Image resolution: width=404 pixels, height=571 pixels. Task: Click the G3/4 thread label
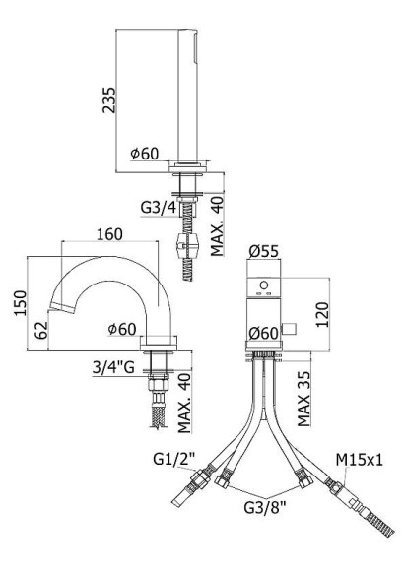coord(160,208)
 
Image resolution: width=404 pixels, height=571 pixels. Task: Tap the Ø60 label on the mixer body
coord(265,335)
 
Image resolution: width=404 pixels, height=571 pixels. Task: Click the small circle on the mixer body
coord(262,287)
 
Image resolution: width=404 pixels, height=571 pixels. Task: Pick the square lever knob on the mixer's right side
coord(291,327)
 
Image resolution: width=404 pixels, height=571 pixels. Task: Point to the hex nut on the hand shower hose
coord(184,245)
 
